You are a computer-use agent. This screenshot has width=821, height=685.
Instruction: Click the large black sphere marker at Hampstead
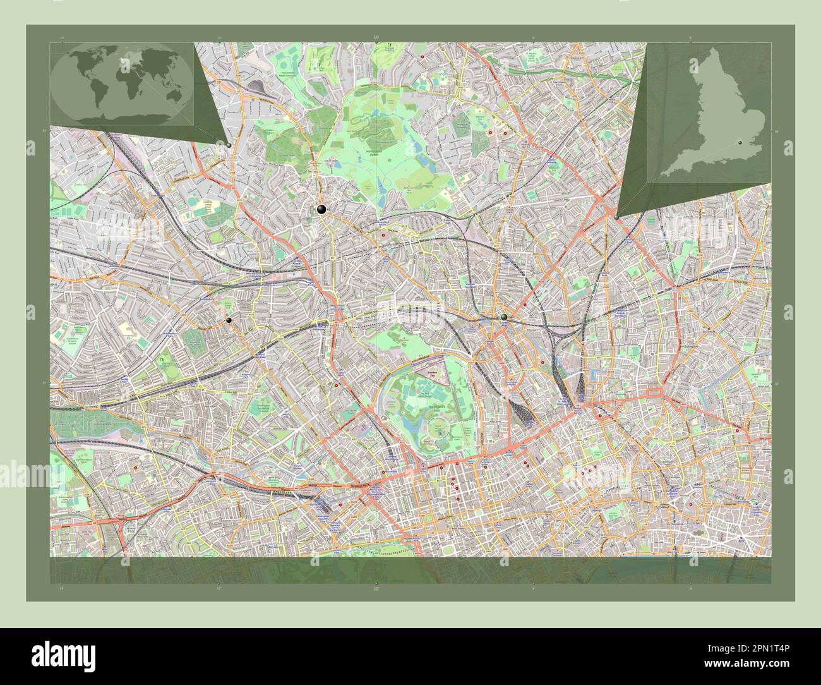pyautogui.click(x=321, y=210)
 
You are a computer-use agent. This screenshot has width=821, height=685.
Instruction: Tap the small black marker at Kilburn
pyautogui.click(x=229, y=320)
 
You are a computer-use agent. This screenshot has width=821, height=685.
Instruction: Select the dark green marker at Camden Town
pyautogui.click(x=504, y=317)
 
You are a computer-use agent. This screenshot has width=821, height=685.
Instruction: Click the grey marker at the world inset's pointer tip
pyautogui.click(x=228, y=145)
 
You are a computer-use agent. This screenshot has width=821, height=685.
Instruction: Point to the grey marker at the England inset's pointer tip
pyautogui.click(x=616, y=217)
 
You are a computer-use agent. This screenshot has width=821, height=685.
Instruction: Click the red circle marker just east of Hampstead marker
pyautogui.click(x=383, y=234)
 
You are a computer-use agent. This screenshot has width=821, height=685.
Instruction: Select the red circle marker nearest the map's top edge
pyautogui.click(x=422, y=57)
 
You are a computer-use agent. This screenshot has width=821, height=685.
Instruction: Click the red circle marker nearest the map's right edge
pyautogui.click(x=736, y=431)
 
